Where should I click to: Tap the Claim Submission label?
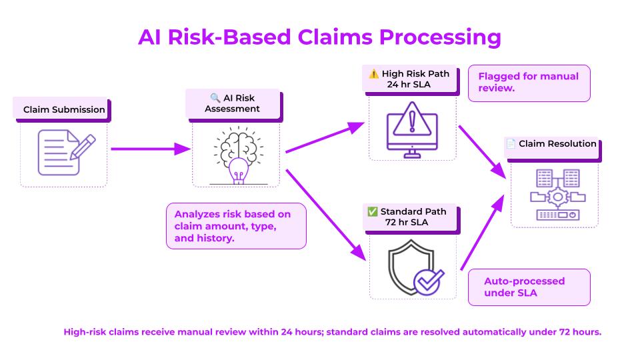coord(64,109)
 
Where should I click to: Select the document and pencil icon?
coord(67,152)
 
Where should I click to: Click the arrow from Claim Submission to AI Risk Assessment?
coord(151,149)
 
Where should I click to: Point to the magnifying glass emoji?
coord(215,98)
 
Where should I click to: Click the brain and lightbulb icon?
coord(239,155)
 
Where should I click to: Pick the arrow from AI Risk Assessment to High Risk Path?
coord(325,137)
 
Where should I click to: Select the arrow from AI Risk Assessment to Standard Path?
coord(326,215)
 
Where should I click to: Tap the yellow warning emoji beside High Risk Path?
coord(373,74)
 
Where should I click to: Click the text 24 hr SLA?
coord(409,85)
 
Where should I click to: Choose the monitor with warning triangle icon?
coord(412,130)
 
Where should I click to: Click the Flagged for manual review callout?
coord(529,83)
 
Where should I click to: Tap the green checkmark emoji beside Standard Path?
coord(372,211)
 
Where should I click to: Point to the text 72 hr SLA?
coord(407,223)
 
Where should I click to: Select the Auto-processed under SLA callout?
coord(529,287)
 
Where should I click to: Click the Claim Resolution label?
coord(557,144)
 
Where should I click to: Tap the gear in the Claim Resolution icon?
coord(557,197)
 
